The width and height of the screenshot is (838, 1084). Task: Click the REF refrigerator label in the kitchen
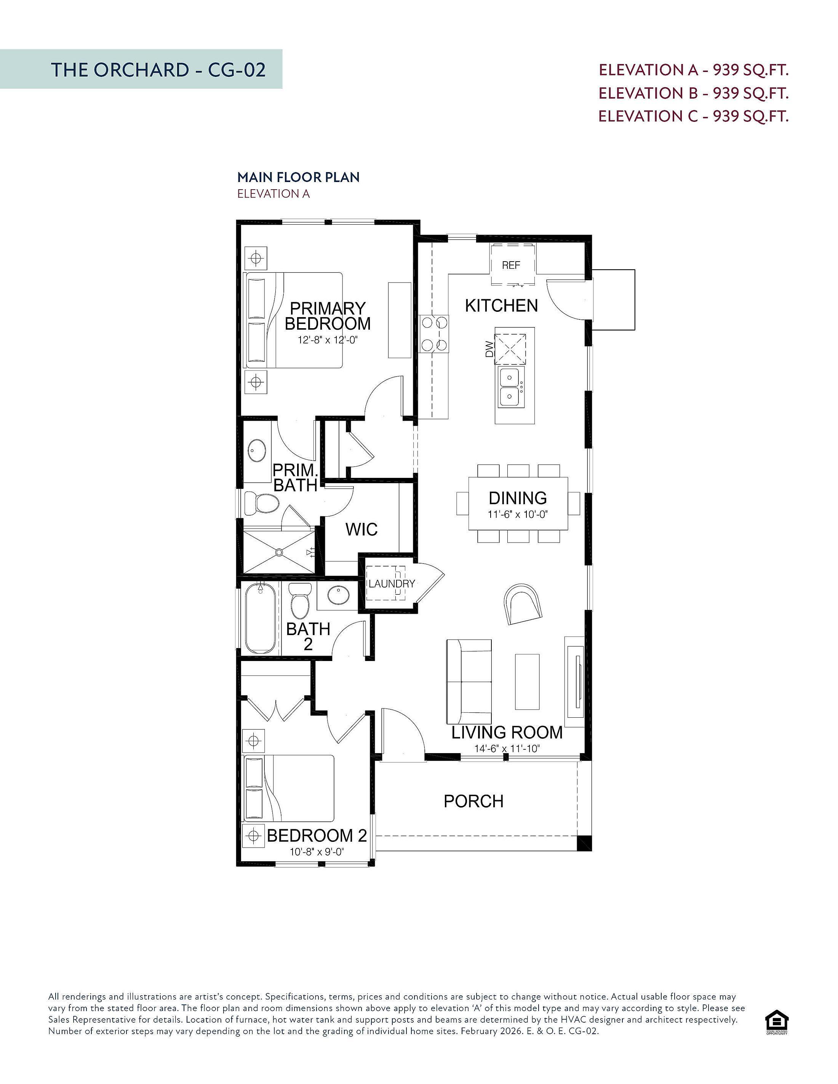point(511,265)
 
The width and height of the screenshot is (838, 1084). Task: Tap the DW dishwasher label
point(489,350)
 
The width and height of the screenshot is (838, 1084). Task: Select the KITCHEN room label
point(501,306)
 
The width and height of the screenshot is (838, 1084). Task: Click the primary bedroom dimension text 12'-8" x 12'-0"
point(328,340)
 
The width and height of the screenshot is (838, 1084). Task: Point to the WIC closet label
point(361,530)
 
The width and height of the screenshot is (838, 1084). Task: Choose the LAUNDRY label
point(392,584)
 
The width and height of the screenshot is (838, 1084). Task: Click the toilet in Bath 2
point(300,600)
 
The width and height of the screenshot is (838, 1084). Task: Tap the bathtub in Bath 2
point(260,618)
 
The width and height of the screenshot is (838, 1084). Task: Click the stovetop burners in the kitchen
point(434,334)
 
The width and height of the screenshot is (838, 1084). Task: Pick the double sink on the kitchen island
point(510,387)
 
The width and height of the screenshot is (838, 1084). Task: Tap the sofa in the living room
point(469,682)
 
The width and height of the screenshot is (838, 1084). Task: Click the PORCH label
point(473,801)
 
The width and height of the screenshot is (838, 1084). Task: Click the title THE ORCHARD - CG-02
point(158,69)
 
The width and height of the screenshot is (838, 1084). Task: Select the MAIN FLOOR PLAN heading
point(298,177)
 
